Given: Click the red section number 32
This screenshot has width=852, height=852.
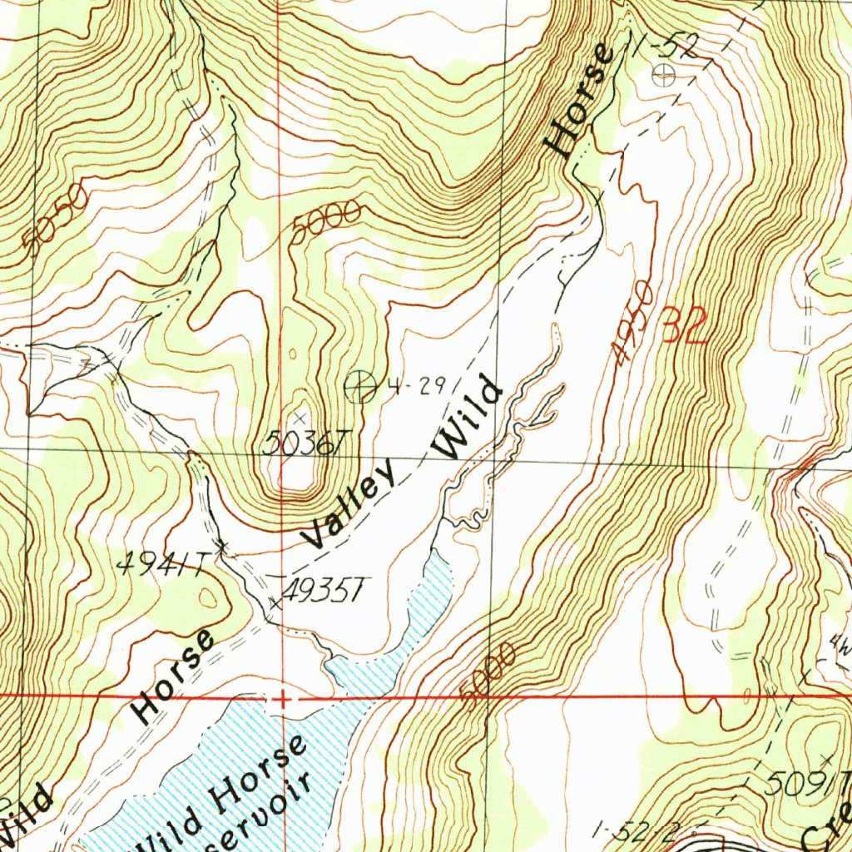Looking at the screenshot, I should (x=686, y=325).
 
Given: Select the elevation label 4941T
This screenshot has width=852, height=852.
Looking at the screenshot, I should (x=160, y=566).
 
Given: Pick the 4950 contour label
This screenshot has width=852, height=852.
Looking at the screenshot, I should (x=632, y=322).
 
